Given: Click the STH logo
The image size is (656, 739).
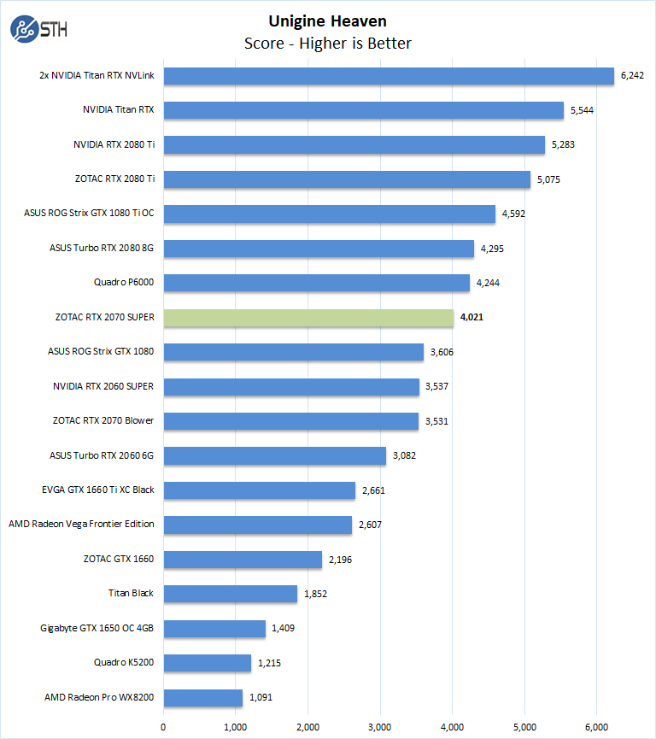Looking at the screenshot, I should click(x=38, y=30).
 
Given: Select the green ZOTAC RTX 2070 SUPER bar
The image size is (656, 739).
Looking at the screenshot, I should click(x=308, y=318).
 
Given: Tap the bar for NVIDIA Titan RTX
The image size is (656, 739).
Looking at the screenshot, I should click(x=363, y=110).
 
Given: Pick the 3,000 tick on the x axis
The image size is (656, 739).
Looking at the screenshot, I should click(x=380, y=727).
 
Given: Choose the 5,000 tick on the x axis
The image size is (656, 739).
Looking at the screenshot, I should click(x=524, y=727).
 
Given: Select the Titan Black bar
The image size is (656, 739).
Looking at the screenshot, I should click(x=230, y=594).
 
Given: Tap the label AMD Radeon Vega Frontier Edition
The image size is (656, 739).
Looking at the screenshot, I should click(x=81, y=525).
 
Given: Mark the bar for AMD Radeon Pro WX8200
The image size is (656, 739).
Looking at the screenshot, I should click(x=202, y=698).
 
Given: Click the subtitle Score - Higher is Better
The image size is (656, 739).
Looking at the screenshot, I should click(x=328, y=44).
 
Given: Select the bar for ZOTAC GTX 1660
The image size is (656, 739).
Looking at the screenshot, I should click(x=243, y=560).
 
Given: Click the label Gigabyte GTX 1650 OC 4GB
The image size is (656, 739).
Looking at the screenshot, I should click(x=97, y=629).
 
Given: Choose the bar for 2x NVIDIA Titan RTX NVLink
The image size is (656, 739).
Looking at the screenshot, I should click(x=389, y=75).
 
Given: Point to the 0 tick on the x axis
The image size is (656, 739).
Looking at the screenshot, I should click(x=163, y=727).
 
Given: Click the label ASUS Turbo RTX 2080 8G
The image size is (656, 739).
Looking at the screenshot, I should click(x=102, y=249).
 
